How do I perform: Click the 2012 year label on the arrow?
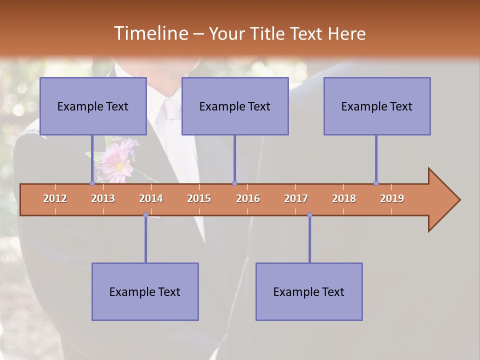click(55, 198)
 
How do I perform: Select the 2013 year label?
click(103, 198)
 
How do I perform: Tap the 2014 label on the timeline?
click(151, 198)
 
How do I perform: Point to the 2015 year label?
click(199, 198)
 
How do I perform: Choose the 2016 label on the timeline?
click(248, 198)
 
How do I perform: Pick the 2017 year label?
click(296, 198)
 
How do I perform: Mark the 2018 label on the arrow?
click(344, 198)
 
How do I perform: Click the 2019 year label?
click(392, 198)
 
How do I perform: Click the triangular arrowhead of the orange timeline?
click(442, 200)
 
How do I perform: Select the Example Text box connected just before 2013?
click(93, 106)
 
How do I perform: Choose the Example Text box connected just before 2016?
click(235, 106)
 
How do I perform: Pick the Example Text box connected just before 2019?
click(377, 106)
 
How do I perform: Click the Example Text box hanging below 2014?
click(145, 291)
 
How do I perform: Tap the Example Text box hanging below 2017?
click(309, 291)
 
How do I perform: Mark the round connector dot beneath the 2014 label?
click(145, 214)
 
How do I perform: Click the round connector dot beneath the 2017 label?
click(309, 214)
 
